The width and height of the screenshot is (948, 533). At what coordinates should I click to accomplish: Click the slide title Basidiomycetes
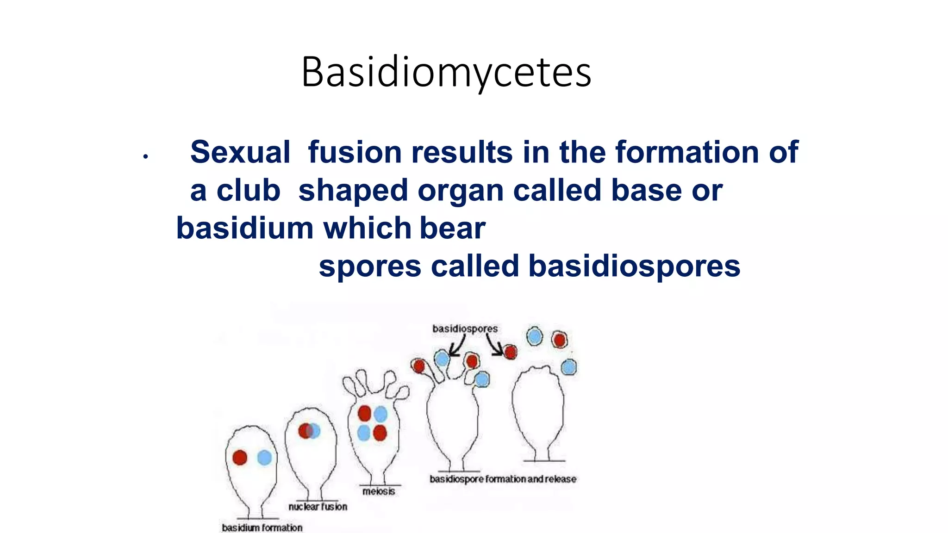[446, 73]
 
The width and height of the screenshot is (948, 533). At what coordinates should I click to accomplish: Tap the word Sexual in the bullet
[240, 152]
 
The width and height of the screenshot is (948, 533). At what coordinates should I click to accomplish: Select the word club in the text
[248, 190]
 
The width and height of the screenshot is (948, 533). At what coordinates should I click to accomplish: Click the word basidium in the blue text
[245, 229]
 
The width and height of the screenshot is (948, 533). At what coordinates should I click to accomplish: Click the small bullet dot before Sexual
[145, 157]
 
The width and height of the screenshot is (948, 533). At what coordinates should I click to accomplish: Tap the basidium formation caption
[262, 527]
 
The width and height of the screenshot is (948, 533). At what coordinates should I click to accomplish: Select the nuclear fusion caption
[318, 507]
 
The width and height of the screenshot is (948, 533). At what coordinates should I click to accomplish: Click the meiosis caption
[379, 491]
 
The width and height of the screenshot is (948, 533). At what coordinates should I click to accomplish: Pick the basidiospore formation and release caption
[503, 479]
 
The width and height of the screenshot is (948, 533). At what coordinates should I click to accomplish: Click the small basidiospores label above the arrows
[465, 328]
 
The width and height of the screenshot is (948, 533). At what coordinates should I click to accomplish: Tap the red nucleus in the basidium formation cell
[240, 458]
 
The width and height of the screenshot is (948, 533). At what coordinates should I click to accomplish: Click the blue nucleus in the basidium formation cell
[264, 458]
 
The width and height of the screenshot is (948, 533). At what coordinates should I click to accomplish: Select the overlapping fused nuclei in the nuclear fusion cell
[309, 431]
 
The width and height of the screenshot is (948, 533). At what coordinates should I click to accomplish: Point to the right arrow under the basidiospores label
[493, 346]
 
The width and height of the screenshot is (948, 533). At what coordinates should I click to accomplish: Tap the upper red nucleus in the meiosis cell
[364, 413]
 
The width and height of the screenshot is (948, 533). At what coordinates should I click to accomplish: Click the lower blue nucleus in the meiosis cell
[364, 433]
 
